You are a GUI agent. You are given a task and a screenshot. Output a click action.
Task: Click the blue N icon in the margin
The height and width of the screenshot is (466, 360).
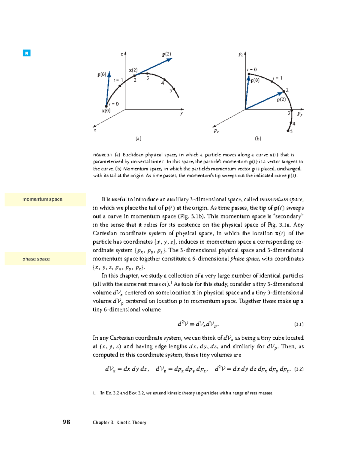click(x=26, y=53)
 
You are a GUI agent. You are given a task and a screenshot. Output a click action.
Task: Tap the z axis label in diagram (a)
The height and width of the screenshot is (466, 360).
click(x=122, y=54)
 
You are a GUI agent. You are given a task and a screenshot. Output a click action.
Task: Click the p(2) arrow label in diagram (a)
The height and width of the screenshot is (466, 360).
click(x=166, y=54)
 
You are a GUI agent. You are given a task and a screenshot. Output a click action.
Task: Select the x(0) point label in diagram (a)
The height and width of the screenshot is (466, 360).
click(x=106, y=111)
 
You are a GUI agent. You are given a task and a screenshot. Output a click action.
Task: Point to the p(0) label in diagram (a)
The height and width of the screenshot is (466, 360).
click(x=102, y=74)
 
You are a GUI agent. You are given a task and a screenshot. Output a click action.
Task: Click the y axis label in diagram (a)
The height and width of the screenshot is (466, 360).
click(x=181, y=113)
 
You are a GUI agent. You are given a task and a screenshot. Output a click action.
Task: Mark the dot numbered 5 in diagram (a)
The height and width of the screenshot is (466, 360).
click(x=174, y=89)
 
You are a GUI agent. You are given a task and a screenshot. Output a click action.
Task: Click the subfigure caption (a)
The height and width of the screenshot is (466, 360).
click(x=138, y=139)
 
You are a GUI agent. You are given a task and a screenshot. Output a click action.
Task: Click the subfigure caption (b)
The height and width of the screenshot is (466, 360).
click(x=258, y=139)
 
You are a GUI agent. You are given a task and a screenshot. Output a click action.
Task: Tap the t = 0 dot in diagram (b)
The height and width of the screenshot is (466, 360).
click(x=249, y=74)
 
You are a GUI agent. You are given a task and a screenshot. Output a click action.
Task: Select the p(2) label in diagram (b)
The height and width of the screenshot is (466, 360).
click(x=281, y=100)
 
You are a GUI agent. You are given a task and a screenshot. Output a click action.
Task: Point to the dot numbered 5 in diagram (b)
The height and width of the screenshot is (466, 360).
click(x=288, y=131)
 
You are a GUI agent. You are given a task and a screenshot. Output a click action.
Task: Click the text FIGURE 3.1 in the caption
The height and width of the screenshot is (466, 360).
click(x=102, y=155)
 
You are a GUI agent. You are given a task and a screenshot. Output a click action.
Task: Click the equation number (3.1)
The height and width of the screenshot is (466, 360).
click(x=299, y=324)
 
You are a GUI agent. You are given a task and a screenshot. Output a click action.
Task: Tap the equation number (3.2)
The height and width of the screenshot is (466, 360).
click(x=299, y=369)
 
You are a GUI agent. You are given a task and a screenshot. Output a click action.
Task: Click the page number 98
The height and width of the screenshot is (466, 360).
click(x=66, y=422)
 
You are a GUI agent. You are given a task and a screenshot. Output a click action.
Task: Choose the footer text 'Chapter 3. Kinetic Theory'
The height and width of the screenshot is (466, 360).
click(x=119, y=422)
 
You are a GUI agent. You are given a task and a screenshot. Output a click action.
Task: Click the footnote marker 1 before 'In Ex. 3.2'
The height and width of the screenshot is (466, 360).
click(x=94, y=393)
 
